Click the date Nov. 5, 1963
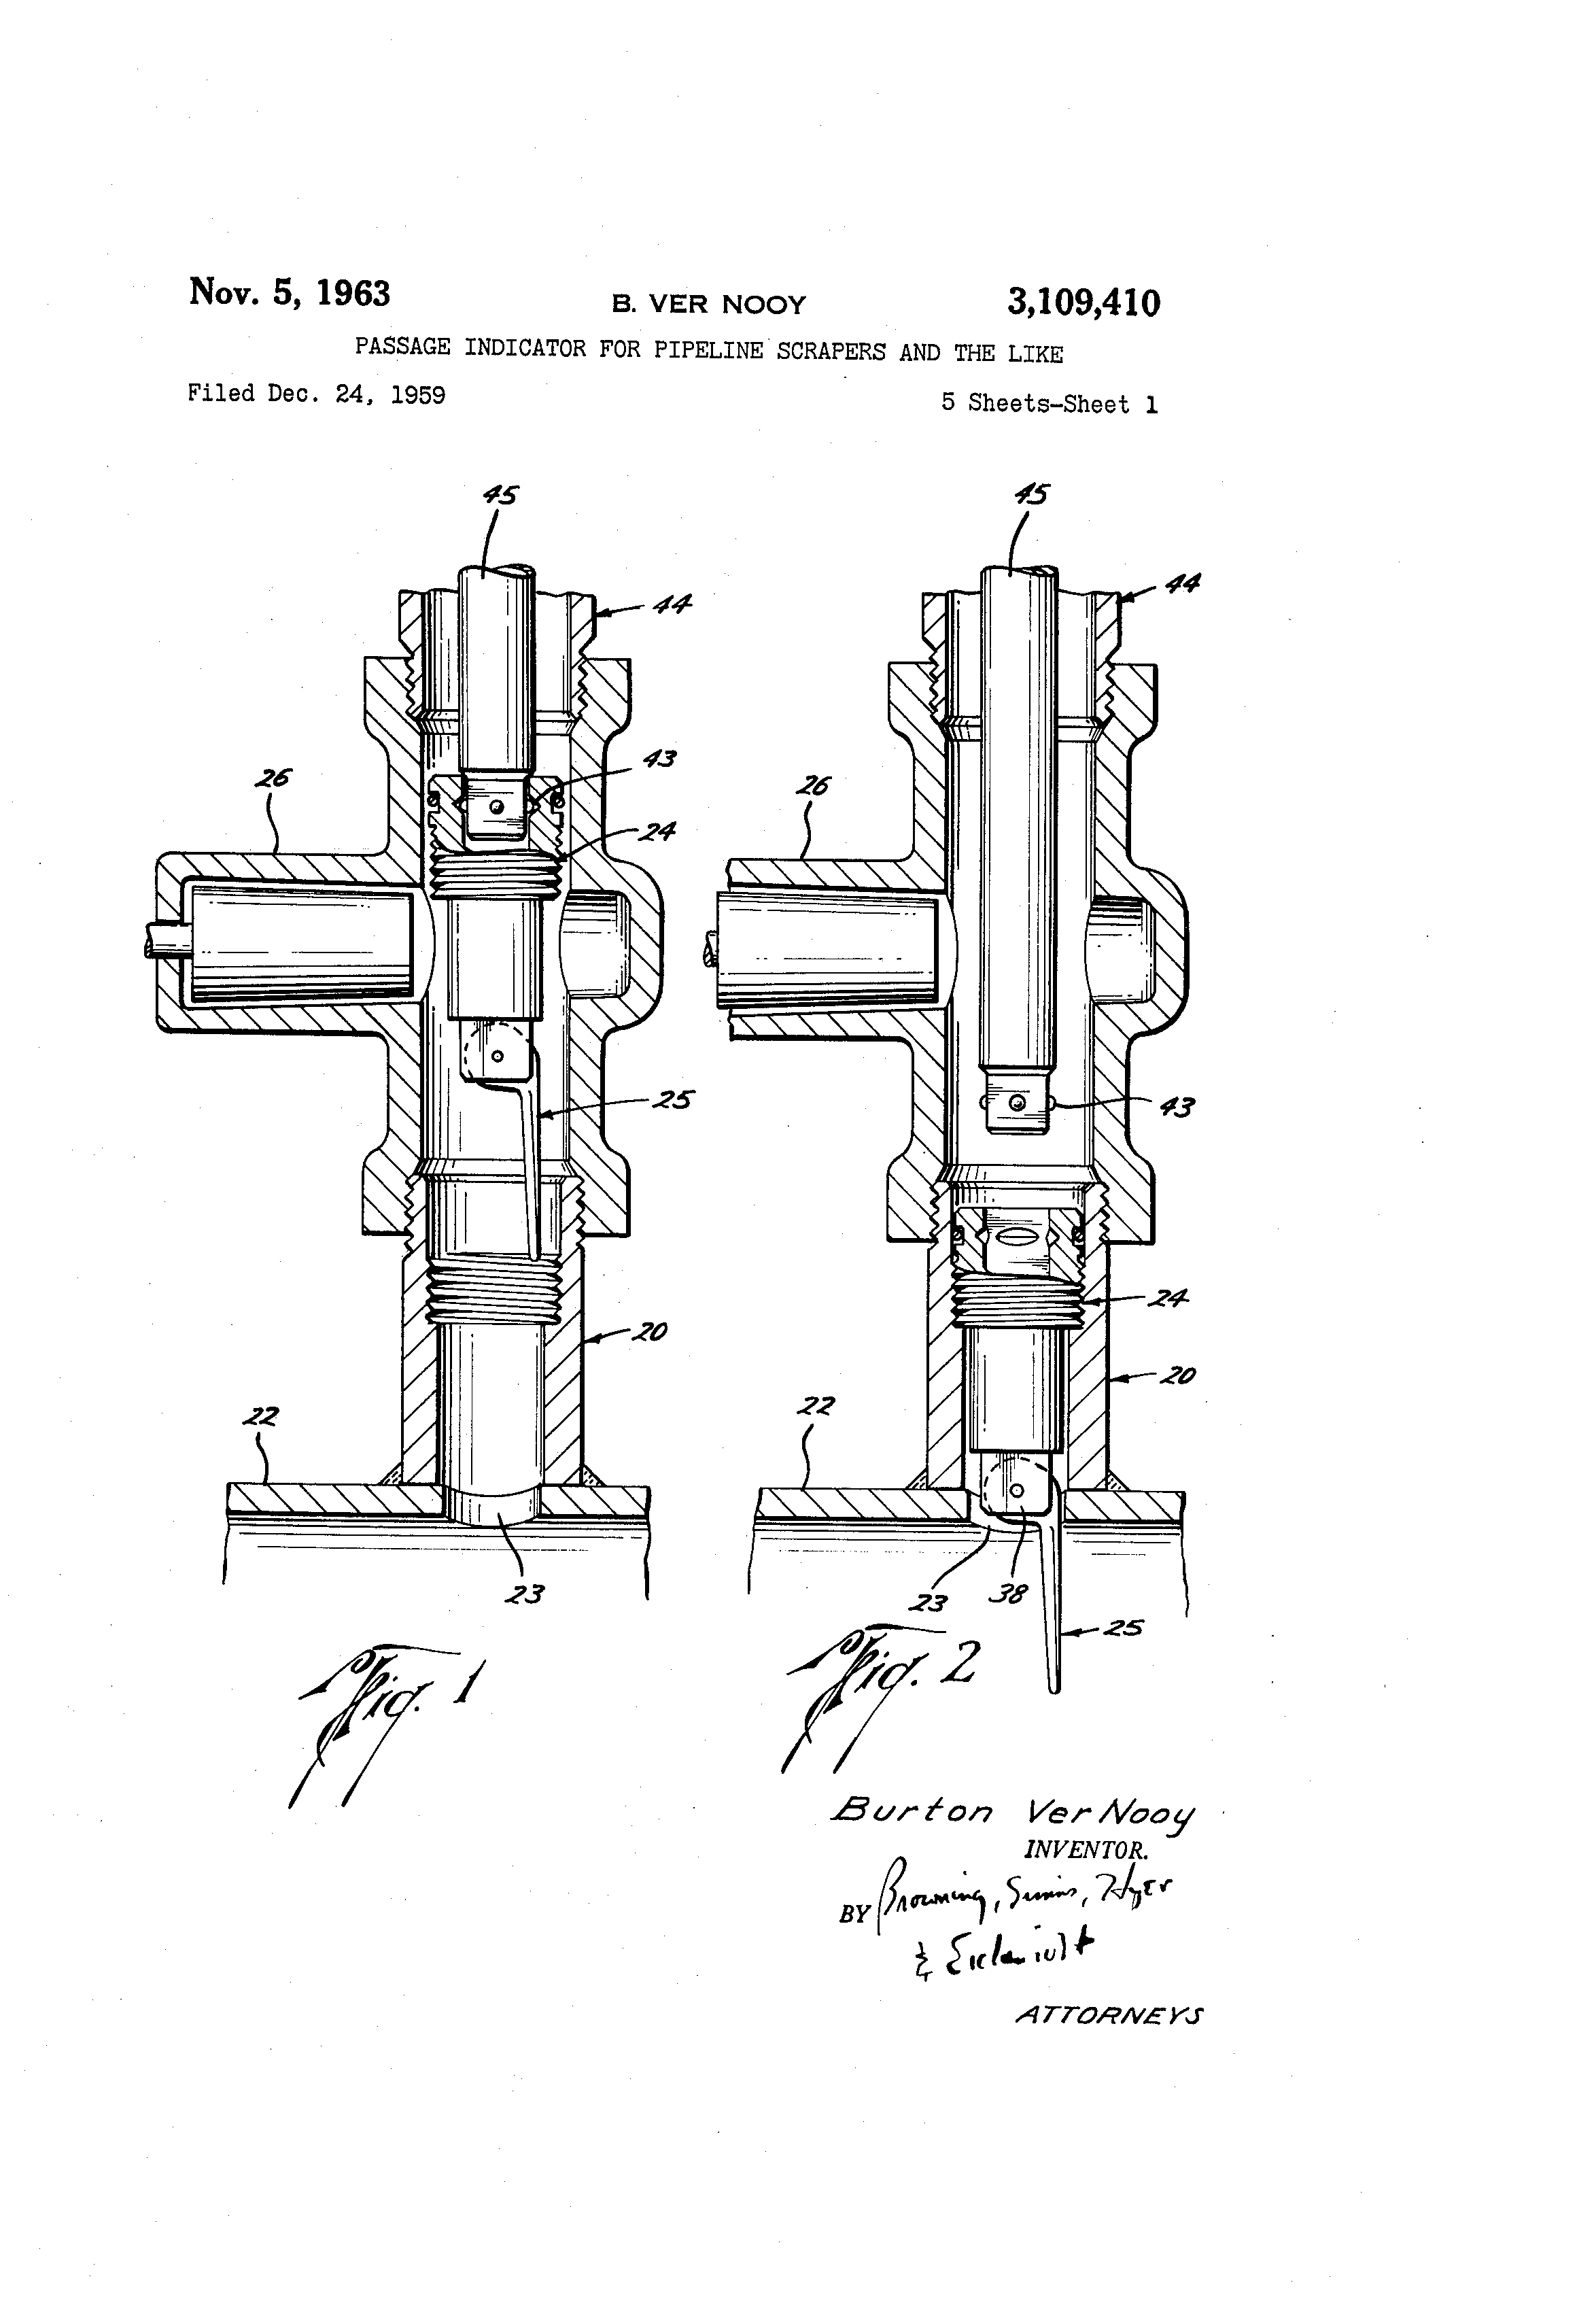coord(289,293)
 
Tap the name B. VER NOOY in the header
coord(709,304)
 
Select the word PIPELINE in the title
coord(709,350)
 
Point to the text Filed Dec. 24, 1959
coord(316,394)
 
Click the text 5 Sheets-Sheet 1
coord(1049,404)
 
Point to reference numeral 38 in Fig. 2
coord(1008,1594)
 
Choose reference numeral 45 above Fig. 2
coord(1030,494)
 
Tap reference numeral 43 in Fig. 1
coord(659,759)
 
